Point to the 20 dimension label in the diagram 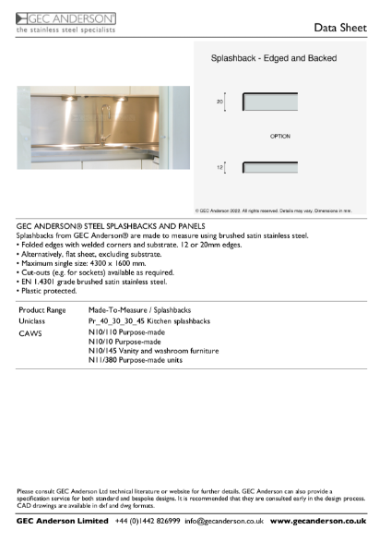219,102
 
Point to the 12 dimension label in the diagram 219,167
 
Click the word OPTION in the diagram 280,136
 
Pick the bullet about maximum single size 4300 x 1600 78,267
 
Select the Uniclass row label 33,321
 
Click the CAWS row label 30,332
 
